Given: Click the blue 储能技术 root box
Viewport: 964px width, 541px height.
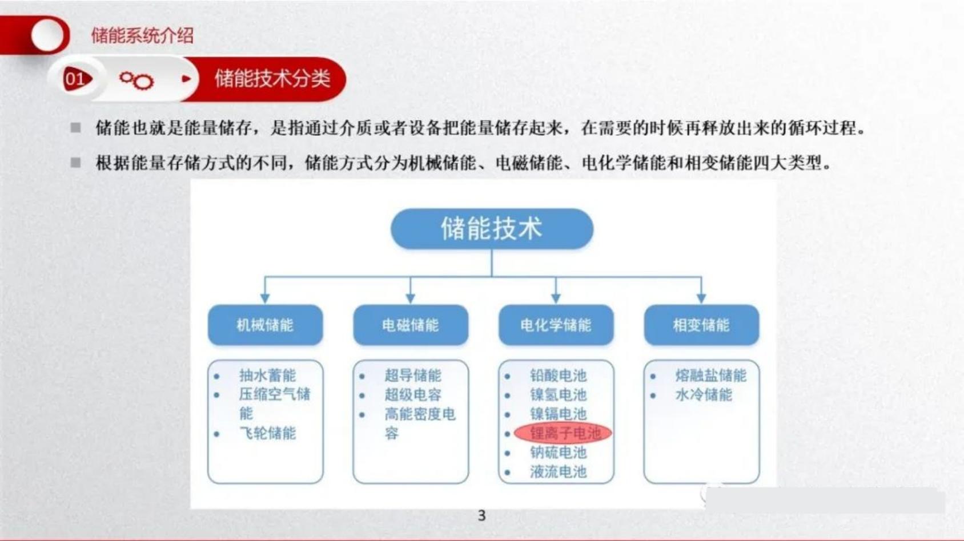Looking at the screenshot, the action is [492, 229].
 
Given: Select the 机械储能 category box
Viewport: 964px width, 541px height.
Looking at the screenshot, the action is [265, 325].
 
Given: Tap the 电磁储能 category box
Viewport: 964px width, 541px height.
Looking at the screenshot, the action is [411, 325].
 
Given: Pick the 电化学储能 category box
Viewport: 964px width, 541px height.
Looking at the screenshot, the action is [556, 325].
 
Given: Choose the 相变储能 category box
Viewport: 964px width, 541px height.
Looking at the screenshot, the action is [701, 325].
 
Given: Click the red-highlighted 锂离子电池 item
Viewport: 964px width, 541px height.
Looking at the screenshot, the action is [563, 433].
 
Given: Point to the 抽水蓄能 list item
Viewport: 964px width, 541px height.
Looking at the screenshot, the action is [268, 376].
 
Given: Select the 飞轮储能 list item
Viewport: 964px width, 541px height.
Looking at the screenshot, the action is [268, 433].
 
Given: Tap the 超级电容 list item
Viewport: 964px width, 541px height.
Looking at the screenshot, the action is [413, 395].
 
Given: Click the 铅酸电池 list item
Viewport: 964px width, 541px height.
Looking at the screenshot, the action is [559, 376].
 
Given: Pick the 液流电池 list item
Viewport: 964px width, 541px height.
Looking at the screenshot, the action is [559, 472].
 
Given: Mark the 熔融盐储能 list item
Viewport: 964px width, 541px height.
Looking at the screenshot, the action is [711, 376].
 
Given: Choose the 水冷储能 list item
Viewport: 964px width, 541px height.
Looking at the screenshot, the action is [704, 395].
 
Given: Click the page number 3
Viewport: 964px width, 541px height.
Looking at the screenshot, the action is [482, 515].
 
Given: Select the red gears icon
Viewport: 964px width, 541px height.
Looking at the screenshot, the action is [137, 80].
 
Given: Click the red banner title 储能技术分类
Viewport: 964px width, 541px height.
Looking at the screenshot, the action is [272, 79].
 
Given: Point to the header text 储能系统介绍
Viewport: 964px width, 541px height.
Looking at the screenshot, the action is [142, 35].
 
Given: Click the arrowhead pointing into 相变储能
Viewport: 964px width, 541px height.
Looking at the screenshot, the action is [701, 298].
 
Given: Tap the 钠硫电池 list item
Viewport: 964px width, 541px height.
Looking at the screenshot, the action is [559, 453].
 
